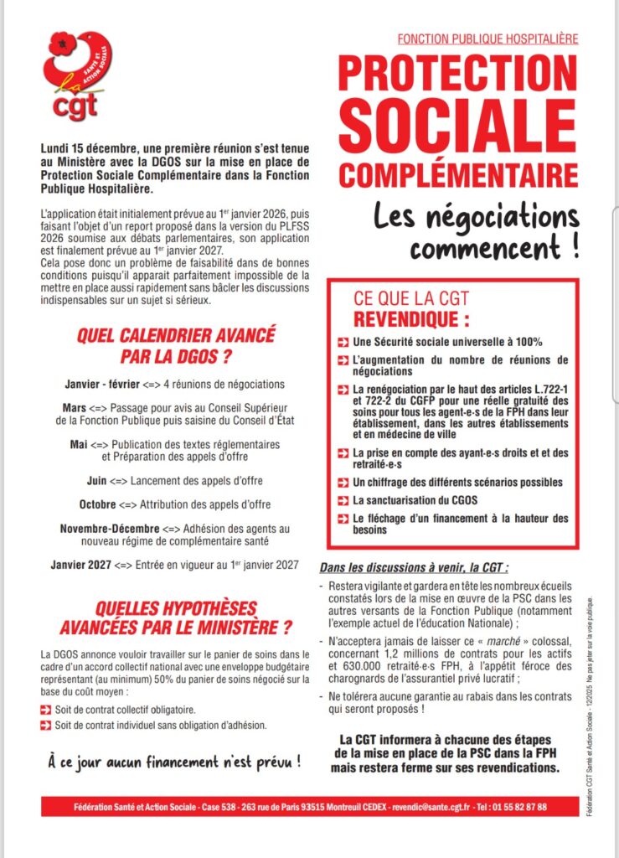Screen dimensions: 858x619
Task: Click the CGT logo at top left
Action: coord(79,74)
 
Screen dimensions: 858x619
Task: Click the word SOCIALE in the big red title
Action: coord(457,123)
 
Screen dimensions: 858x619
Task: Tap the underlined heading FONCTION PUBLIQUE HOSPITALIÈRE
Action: coord(487,39)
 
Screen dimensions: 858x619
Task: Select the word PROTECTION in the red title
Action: coord(457,75)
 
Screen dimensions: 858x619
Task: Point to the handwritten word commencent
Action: coord(486,249)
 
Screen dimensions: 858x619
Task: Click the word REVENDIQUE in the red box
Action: coord(411,319)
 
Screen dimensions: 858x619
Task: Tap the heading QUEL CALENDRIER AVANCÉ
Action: coord(176,336)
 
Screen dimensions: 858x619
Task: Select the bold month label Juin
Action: coord(96,481)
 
